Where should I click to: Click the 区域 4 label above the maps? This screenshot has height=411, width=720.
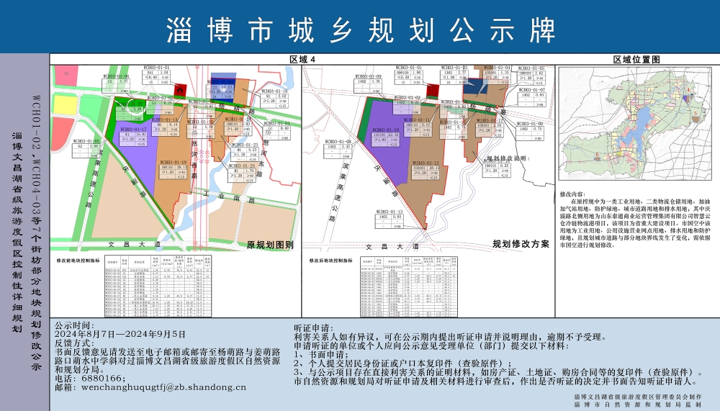302,60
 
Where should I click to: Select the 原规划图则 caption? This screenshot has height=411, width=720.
269,245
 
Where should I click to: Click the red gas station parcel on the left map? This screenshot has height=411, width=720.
181,90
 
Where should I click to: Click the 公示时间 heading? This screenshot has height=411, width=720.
74,325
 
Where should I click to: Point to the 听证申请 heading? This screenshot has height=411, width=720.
314,325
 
